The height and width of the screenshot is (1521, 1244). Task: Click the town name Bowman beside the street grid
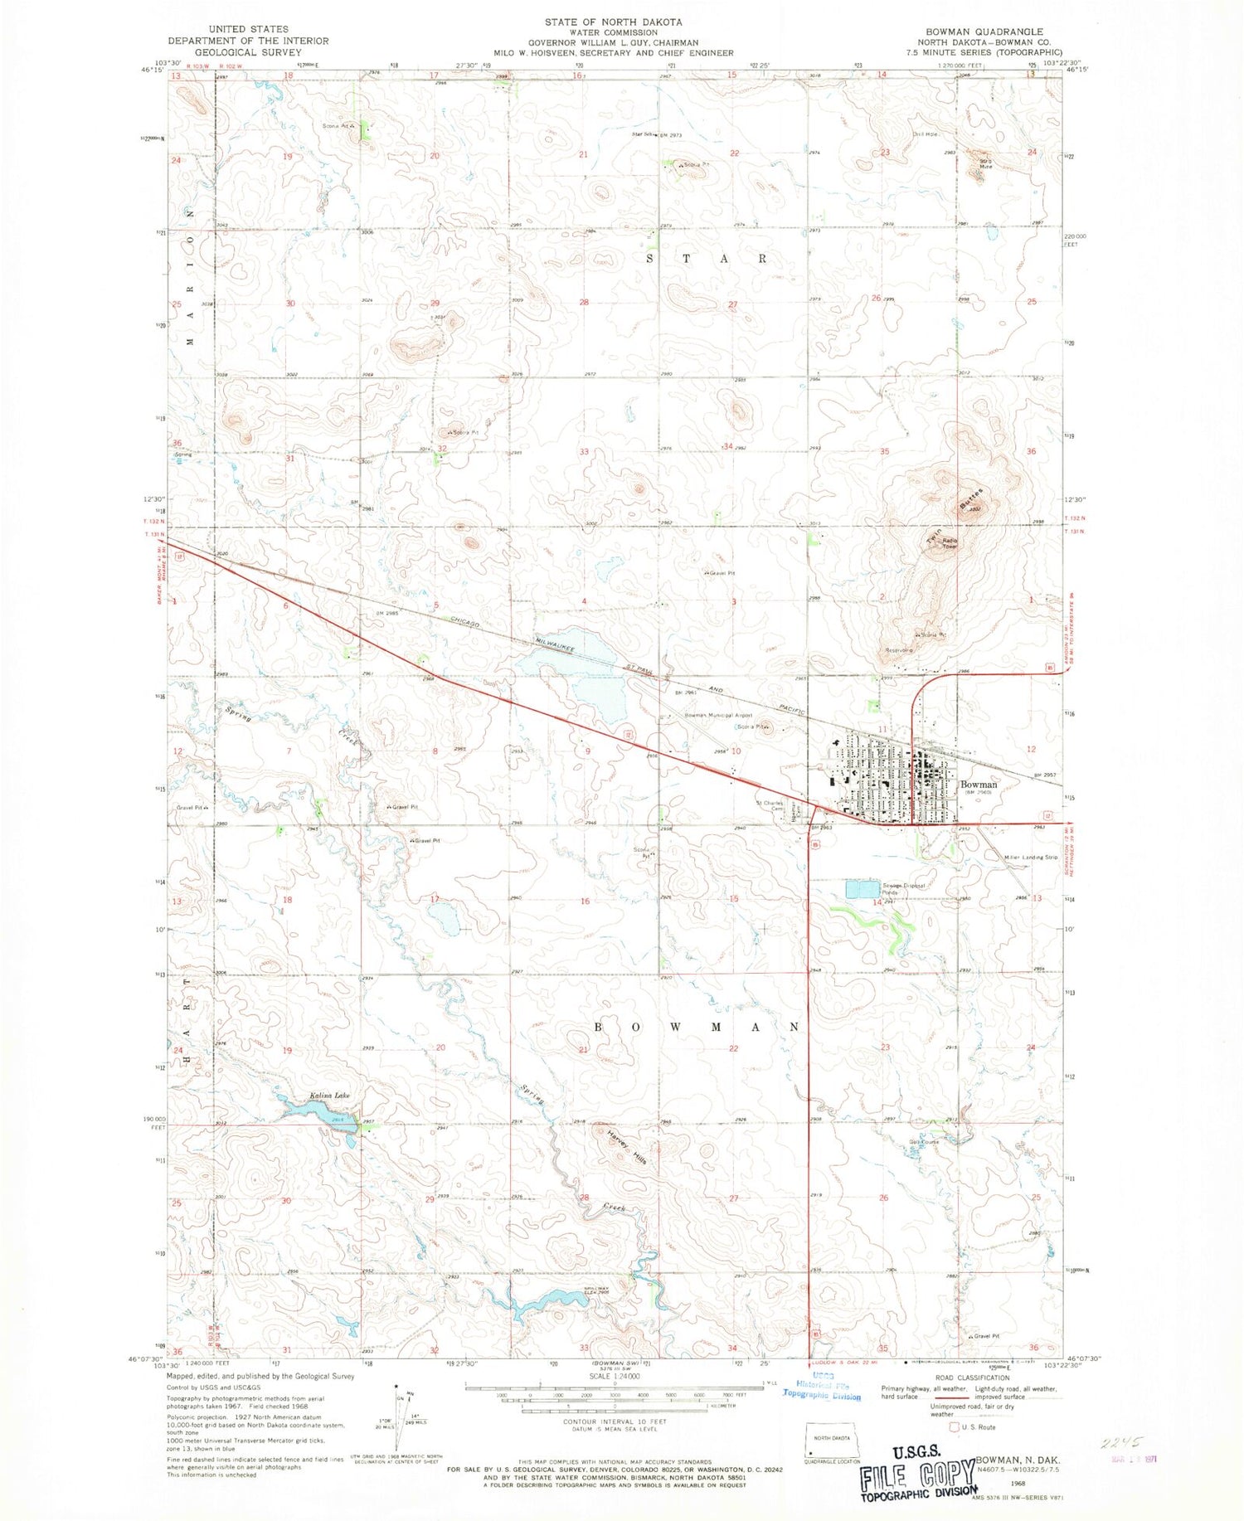pyautogui.click(x=979, y=784)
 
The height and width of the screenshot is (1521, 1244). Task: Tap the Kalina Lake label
pyautogui.click(x=330, y=1096)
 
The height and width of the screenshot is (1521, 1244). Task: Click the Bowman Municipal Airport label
pyautogui.click(x=718, y=715)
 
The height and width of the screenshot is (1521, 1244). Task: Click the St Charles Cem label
pyautogui.click(x=770, y=805)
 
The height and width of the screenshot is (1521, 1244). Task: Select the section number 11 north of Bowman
pyautogui.click(x=883, y=728)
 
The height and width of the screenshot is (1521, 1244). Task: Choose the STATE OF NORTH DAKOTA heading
pyautogui.click(x=613, y=22)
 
